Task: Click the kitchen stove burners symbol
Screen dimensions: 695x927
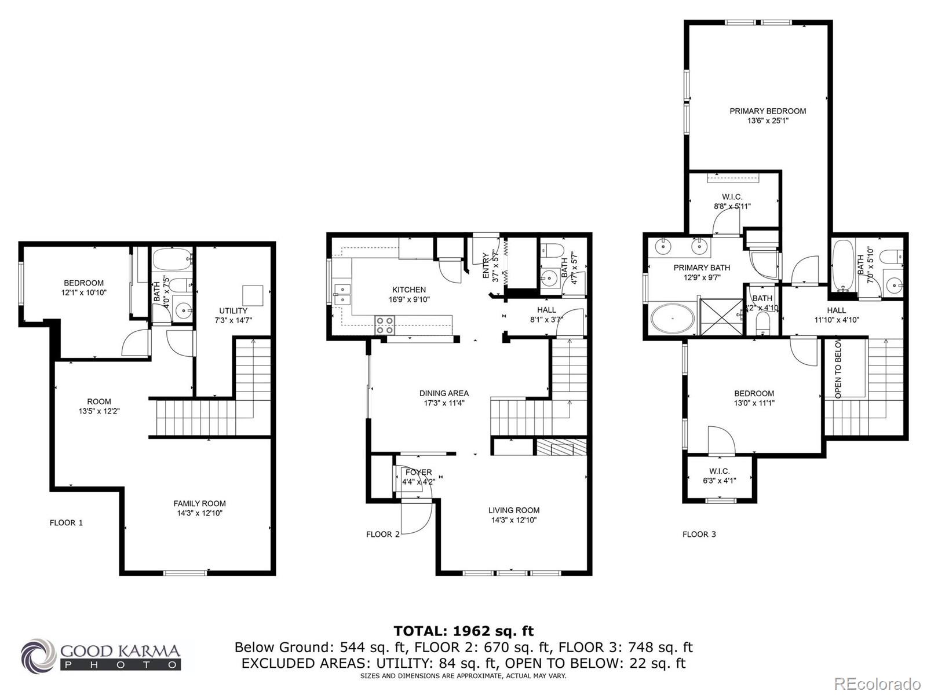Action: [x=385, y=325]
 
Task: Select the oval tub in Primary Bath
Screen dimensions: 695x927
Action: [x=673, y=319]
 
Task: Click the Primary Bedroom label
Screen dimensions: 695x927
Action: [x=767, y=111]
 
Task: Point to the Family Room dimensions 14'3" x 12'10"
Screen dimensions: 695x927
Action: [x=199, y=513]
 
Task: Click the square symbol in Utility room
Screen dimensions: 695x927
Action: [x=253, y=295]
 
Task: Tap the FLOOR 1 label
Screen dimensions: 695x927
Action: [x=66, y=522]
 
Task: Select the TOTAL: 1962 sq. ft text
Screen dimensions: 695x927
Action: [x=463, y=631]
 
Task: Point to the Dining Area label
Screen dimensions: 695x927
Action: [x=444, y=393]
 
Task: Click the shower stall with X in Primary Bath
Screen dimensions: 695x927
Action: [x=721, y=316]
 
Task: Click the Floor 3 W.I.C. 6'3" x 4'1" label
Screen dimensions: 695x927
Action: [x=719, y=475]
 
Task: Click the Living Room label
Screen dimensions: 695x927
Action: [x=513, y=510]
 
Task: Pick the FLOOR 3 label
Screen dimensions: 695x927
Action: [x=699, y=534]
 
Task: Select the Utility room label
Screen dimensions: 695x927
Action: [x=233, y=311]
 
